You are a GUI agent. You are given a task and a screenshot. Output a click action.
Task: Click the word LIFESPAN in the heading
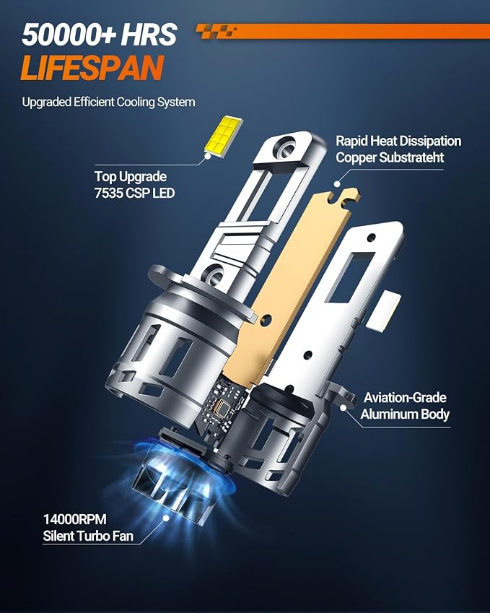point(92,67)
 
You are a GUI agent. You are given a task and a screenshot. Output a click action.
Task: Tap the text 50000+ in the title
point(69,35)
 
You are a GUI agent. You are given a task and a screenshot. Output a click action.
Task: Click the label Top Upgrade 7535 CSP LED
point(134,185)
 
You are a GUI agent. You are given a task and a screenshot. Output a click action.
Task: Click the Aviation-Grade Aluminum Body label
point(405,406)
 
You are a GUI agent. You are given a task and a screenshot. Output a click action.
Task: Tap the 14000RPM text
point(74,520)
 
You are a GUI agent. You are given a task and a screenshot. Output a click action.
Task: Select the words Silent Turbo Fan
point(88,536)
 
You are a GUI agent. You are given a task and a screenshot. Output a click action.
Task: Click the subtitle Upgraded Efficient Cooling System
point(109,102)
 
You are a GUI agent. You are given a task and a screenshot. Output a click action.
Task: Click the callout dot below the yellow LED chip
point(208,155)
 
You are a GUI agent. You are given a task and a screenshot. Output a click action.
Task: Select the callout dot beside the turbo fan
point(166,518)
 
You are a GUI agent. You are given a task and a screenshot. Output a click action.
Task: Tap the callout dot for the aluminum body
point(343,407)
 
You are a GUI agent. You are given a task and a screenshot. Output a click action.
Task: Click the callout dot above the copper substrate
point(336,183)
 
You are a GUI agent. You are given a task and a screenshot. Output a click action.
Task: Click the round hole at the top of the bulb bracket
point(284,146)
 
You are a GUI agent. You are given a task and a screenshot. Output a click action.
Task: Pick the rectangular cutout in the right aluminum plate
point(350,278)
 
